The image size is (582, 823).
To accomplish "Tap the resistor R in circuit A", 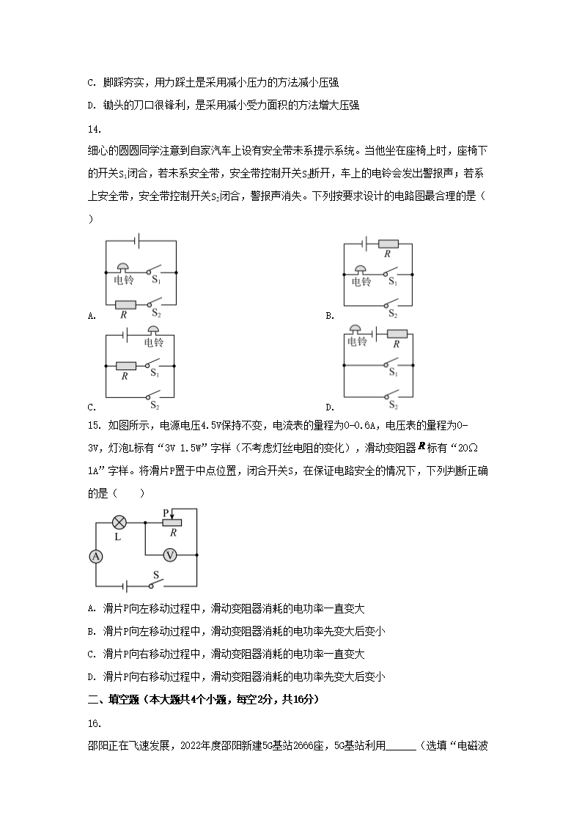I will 125,304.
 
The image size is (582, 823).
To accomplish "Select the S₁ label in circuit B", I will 393,281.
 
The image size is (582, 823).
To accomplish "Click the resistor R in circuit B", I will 388,244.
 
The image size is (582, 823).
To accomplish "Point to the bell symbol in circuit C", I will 154,331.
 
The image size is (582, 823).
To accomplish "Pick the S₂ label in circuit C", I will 155,405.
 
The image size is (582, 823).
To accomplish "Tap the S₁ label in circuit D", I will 393,373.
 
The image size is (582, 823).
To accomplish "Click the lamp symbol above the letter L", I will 119,523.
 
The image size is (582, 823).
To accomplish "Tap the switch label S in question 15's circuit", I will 155,575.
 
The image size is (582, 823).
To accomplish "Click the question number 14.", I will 93,130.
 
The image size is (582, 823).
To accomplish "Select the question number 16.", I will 93,723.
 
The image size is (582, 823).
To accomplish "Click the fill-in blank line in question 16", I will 400,748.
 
